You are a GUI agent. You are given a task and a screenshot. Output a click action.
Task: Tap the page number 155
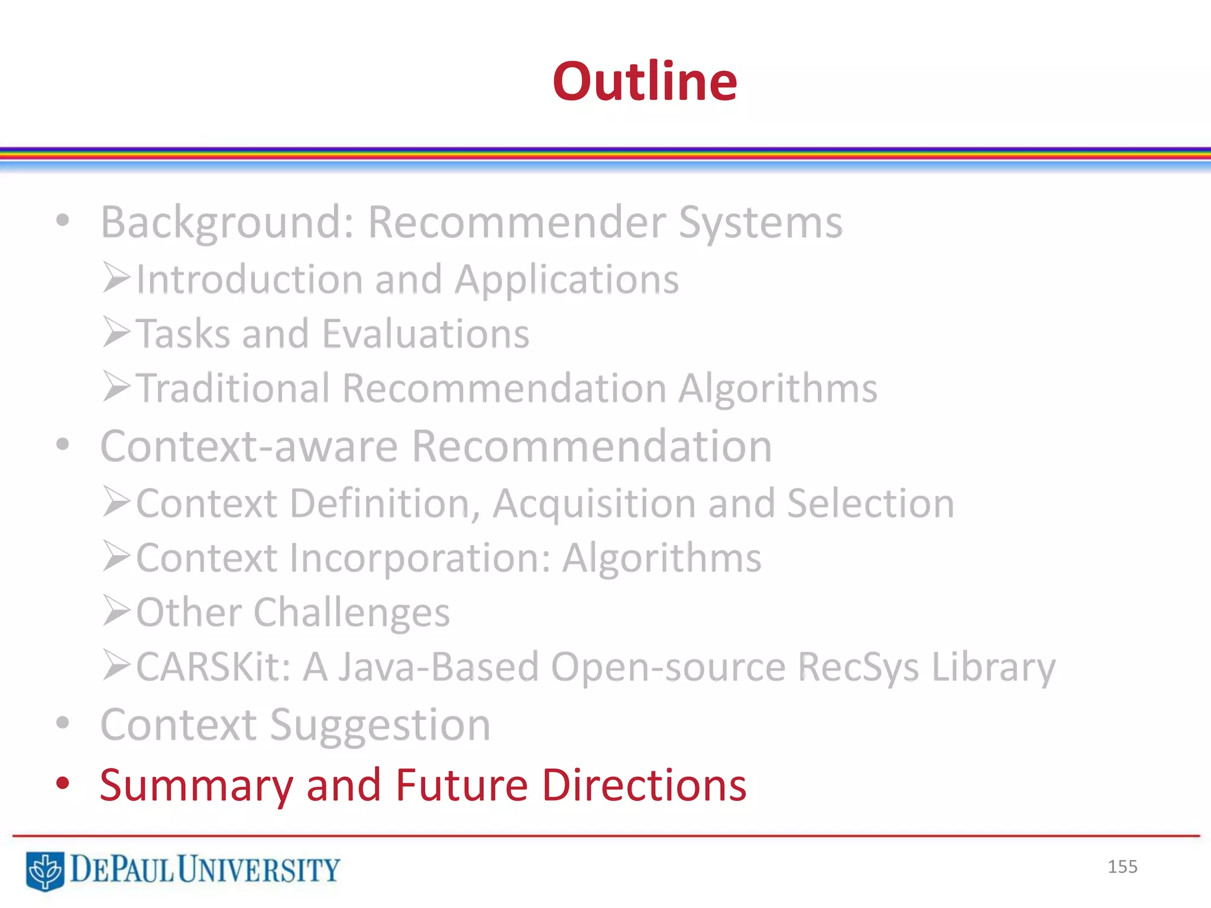click(x=1122, y=867)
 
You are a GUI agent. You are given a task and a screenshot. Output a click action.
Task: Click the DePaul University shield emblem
click(x=45, y=870)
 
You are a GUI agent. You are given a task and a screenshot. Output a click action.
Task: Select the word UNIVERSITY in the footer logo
click(x=258, y=870)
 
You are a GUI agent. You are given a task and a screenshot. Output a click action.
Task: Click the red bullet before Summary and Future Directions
click(x=63, y=784)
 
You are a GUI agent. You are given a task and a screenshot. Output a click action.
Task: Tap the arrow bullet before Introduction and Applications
click(x=116, y=278)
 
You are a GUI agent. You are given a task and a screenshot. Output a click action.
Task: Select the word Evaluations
click(x=426, y=333)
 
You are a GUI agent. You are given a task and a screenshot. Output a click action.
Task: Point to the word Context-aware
click(x=249, y=446)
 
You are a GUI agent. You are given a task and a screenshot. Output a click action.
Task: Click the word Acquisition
click(x=594, y=504)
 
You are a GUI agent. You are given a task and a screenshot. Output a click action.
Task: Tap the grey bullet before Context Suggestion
click(x=63, y=723)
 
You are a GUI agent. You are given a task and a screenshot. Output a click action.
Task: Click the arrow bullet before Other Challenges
click(x=116, y=611)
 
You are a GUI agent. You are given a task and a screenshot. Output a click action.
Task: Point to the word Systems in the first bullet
click(x=760, y=222)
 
